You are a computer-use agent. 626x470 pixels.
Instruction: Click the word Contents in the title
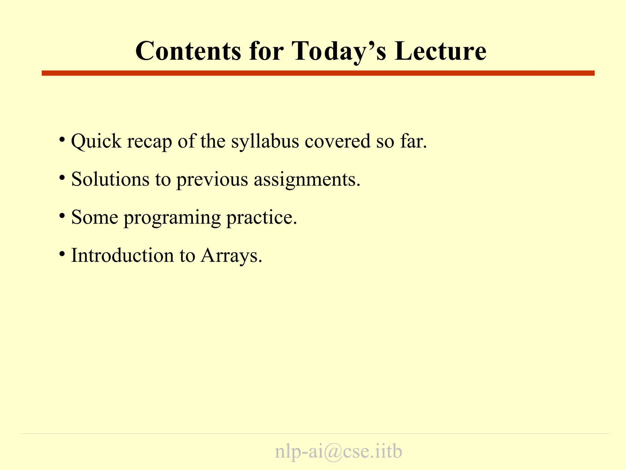click(188, 51)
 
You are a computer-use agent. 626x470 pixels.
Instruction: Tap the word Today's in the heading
click(339, 51)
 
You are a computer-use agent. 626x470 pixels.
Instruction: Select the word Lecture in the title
click(440, 51)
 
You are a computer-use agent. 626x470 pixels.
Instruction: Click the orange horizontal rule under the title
click(318, 73)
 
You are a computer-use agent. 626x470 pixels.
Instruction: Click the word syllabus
click(265, 141)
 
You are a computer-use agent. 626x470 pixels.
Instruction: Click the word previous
click(212, 180)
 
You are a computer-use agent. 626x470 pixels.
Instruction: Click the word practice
click(261, 218)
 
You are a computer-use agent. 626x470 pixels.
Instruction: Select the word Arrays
click(231, 256)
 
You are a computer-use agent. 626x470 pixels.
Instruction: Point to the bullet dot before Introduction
click(62, 254)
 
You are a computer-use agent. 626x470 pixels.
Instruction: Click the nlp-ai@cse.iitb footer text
click(338, 451)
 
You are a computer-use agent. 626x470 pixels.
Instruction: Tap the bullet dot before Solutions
click(62, 177)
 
